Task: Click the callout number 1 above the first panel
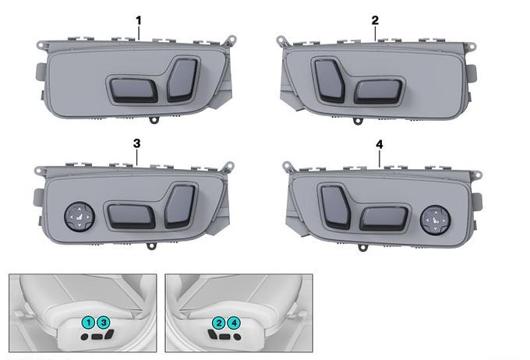click(138, 20)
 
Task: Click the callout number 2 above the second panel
click(375, 20)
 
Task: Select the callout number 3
click(136, 143)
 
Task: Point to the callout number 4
click(380, 145)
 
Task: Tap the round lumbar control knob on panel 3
click(79, 217)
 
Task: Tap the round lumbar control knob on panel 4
click(436, 220)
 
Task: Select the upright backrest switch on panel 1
click(182, 79)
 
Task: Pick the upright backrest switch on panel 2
click(330, 80)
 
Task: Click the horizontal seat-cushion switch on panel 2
click(378, 92)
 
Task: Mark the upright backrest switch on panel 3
click(180, 206)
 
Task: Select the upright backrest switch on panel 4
click(335, 206)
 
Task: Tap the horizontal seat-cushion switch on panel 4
click(384, 219)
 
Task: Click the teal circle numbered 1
click(88, 323)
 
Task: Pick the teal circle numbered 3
click(104, 323)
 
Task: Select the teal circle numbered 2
click(219, 323)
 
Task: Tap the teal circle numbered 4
click(234, 323)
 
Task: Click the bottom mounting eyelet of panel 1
click(154, 120)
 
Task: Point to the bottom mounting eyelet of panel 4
click(362, 248)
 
